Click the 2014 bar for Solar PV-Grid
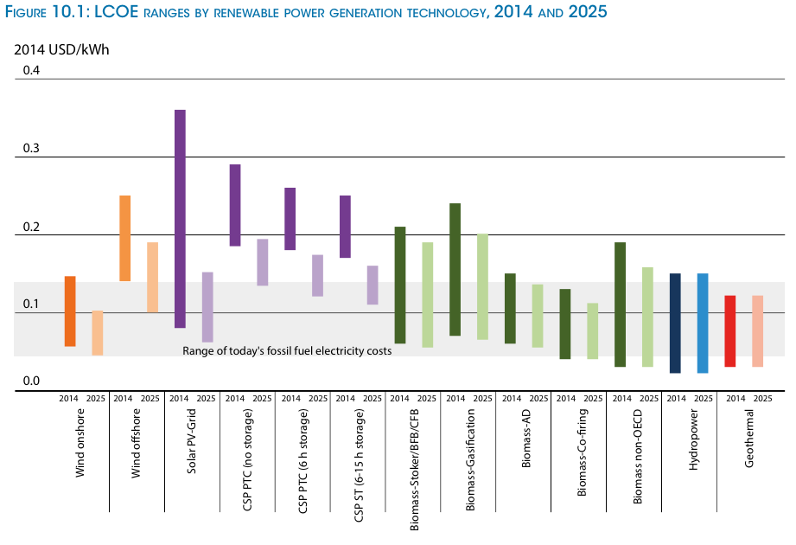click(180, 219)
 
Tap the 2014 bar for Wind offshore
click(124, 238)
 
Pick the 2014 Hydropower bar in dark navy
click(675, 323)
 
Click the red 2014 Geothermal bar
click(730, 331)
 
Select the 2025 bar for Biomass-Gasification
click(482, 286)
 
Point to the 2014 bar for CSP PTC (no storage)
click(235, 205)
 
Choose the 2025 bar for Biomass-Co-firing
click(592, 330)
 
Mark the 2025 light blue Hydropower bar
click(703, 323)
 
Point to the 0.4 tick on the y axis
click(31, 70)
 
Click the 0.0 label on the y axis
click(31, 381)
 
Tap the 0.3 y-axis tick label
click(31, 149)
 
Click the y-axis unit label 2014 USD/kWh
click(61, 49)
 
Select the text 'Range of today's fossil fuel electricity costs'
click(287, 351)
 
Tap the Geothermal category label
click(748, 444)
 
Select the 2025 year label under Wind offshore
click(151, 399)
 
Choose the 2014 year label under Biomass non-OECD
click(620, 399)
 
